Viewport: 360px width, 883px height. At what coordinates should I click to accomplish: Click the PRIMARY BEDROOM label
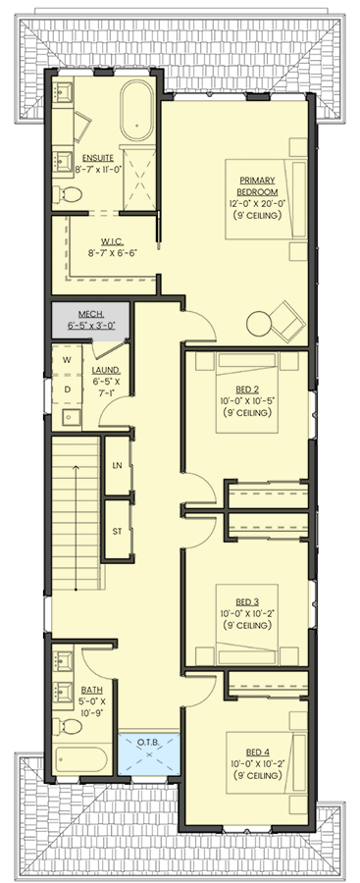tap(257, 185)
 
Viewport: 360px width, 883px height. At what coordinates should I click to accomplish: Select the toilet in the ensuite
tap(66, 195)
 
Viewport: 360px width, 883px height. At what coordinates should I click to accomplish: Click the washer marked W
tap(67, 360)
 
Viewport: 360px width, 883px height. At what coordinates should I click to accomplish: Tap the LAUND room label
tap(105, 371)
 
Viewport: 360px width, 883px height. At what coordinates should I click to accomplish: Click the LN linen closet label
tap(116, 464)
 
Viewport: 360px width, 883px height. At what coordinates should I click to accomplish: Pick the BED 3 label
tap(247, 601)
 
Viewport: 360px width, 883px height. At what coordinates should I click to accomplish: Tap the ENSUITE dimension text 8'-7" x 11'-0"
tap(98, 169)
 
